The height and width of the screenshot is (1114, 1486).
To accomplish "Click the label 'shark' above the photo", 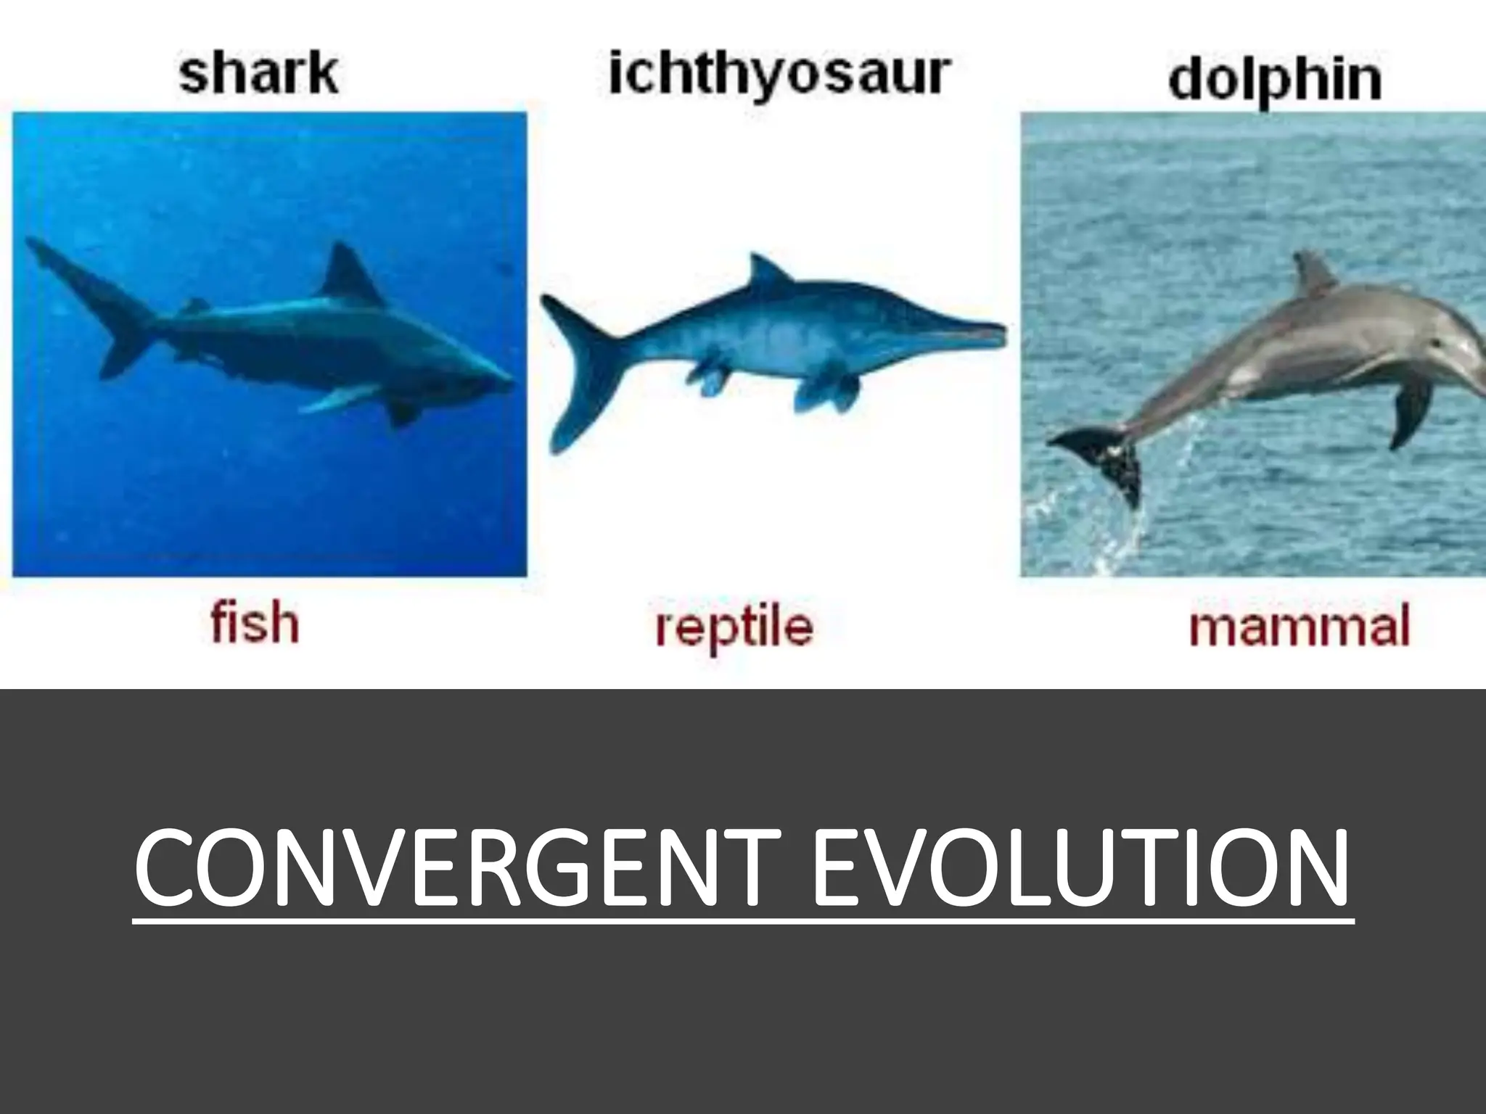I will (x=258, y=74).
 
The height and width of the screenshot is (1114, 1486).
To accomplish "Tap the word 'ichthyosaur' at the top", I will (x=779, y=74).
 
